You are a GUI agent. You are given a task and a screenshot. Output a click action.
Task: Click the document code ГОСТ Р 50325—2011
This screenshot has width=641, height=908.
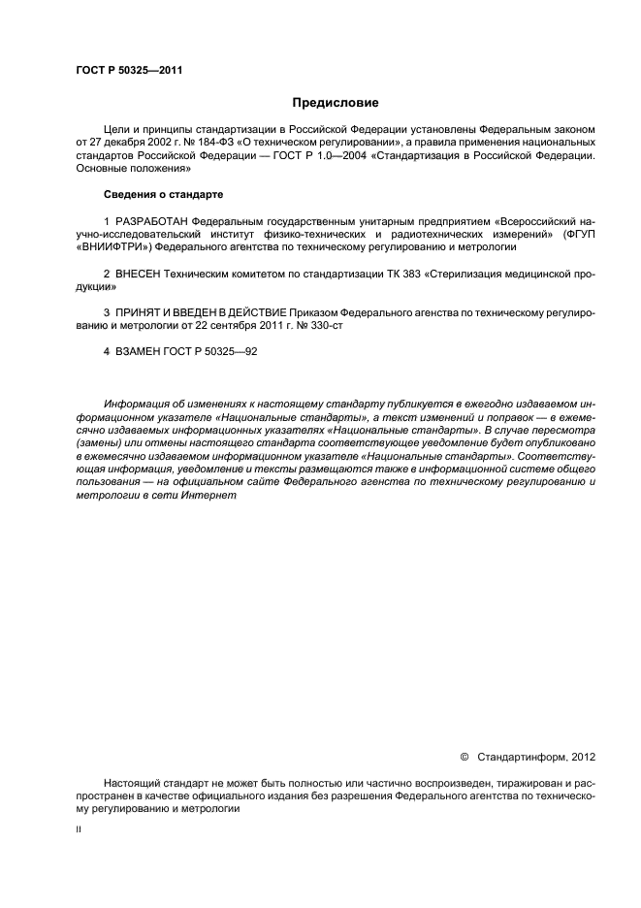click(x=129, y=71)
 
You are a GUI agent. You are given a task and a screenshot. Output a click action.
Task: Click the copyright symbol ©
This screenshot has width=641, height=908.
click(x=463, y=754)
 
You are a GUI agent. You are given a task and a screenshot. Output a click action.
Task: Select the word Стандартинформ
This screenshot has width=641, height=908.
click(x=523, y=754)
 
